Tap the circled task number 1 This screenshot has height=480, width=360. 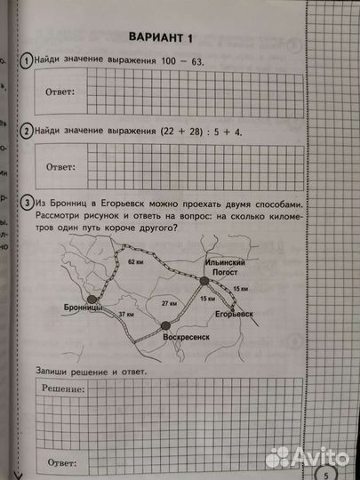29,60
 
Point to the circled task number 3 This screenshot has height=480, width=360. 29,202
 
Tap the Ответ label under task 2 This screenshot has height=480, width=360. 60,165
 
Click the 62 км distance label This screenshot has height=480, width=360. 135,263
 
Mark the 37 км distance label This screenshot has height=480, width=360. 129,315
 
